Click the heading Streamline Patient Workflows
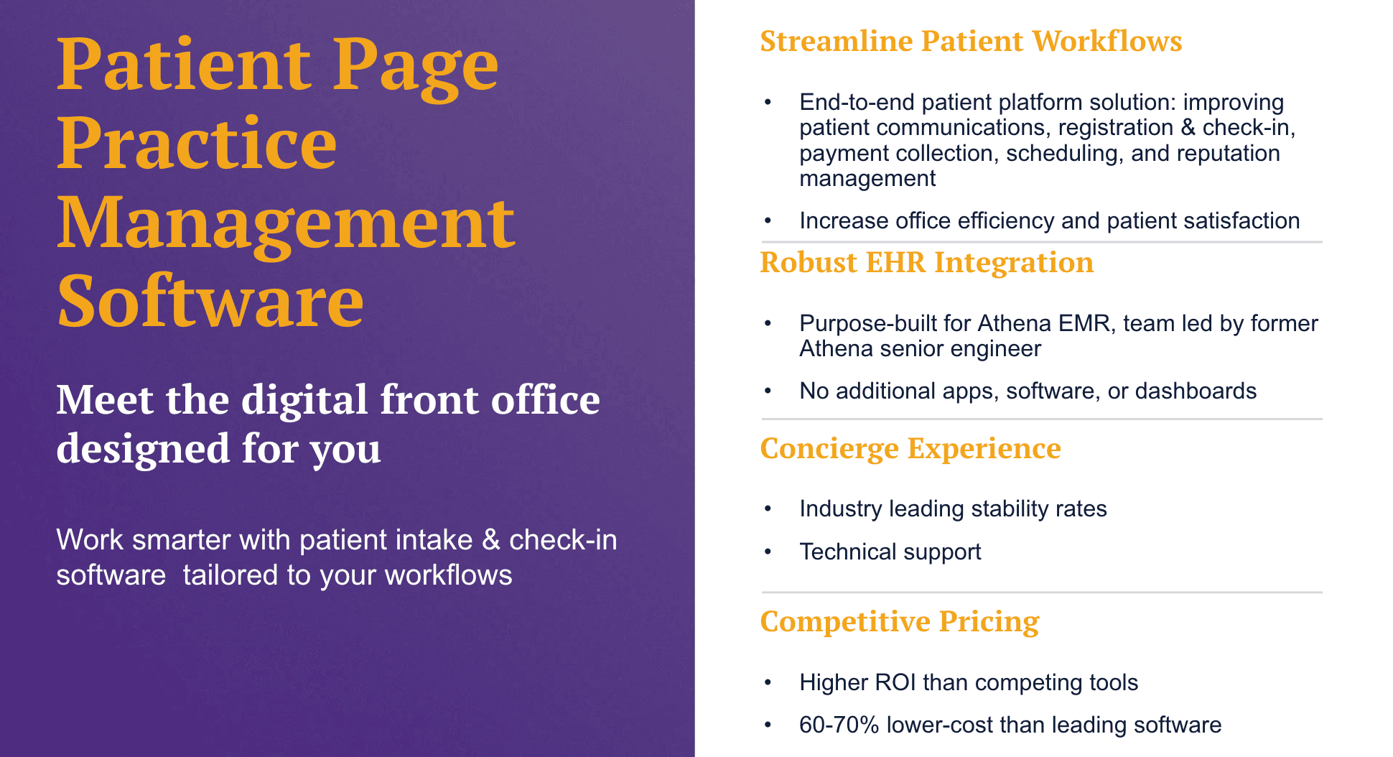pyautogui.click(x=970, y=42)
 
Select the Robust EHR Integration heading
pyautogui.click(x=926, y=263)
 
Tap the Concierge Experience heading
pyautogui.click(x=910, y=449)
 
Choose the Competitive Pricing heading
pyautogui.click(x=899, y=622)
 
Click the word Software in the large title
pyautogui.click(x=210, y=302)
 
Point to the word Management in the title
pyautogui.click(x=286, y=224)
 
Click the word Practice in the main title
pyautogui.click(x=197, y=144)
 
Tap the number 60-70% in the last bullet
pyautogui.click(x=839, y=725)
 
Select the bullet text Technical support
pyautogui.click(x=890, y=552)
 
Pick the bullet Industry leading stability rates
pyautogui.click(x=953, y=509)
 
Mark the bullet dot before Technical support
pyautogui.click(x=768, y=552)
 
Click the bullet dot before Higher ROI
pyautogui.click(x=768, y=682)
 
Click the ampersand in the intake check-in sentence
pyautogui.click(x=491, y=540)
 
